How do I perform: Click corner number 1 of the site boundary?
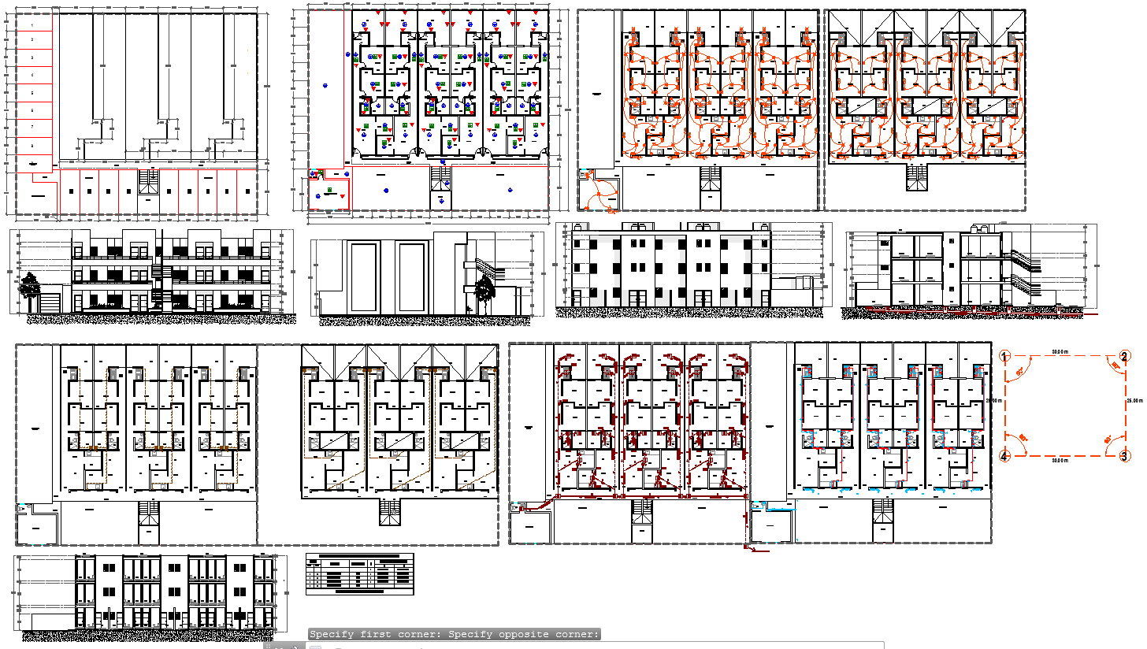1004,357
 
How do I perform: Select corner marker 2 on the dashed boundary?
1125,357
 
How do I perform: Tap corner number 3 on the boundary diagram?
1125,456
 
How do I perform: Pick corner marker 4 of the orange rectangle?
1004,456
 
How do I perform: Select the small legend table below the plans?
359,573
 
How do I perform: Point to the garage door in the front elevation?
50,303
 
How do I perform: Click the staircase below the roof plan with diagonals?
916,179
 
